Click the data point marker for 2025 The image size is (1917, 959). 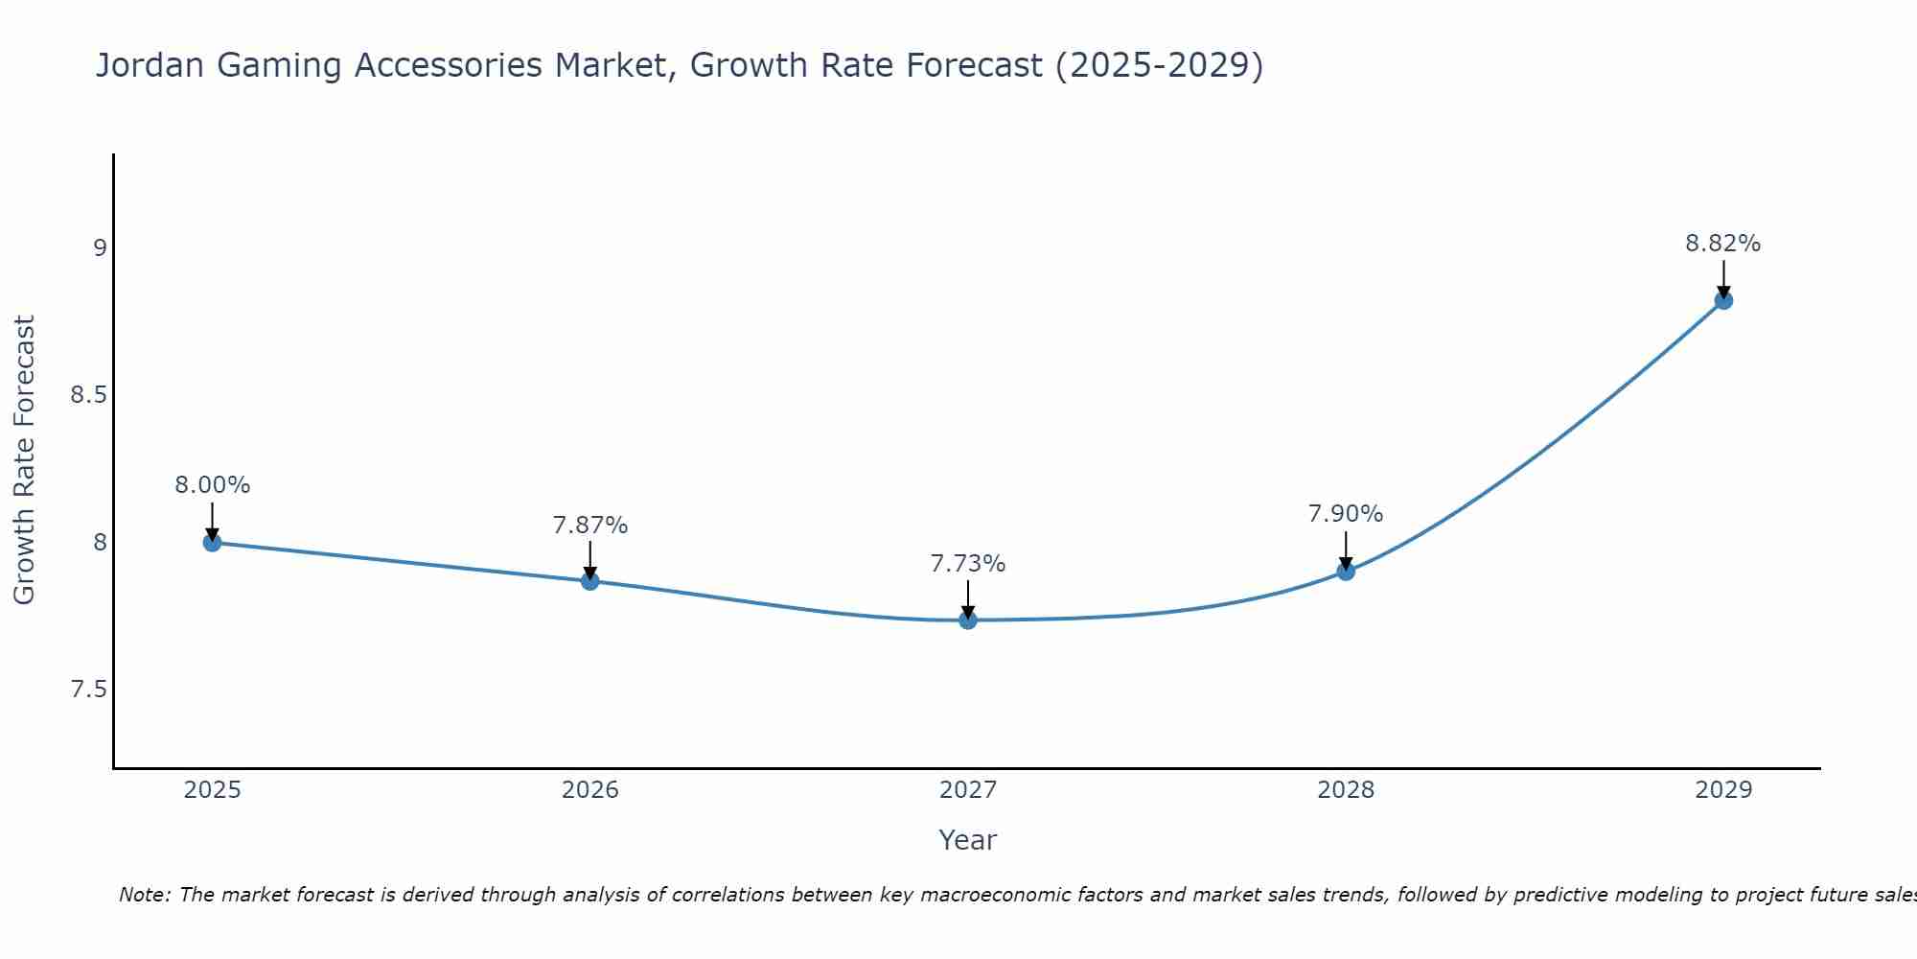[212, 543]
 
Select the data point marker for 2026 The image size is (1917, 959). [589, 581]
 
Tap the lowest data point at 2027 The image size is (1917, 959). [967, 620]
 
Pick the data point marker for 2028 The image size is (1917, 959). [1346, 572]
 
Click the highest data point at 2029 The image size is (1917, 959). [1723, 300]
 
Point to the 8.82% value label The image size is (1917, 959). [1722, 244]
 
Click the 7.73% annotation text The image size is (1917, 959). [967, 564]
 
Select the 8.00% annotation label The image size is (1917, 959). [212, 485]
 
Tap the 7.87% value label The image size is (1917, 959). [589, 526]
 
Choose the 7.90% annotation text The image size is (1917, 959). [1346, 514]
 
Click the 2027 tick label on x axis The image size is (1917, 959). [967, 790]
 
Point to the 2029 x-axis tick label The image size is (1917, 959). [1723, 790]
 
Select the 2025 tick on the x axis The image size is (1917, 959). [212, 790]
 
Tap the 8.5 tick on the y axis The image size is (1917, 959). [87, 395]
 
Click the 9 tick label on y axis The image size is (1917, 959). [99, 248]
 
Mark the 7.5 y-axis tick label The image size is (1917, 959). [87, 690]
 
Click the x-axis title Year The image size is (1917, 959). [967, 840]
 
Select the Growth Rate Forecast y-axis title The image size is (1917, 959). [24, 460]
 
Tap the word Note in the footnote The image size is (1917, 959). [143, 895]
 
